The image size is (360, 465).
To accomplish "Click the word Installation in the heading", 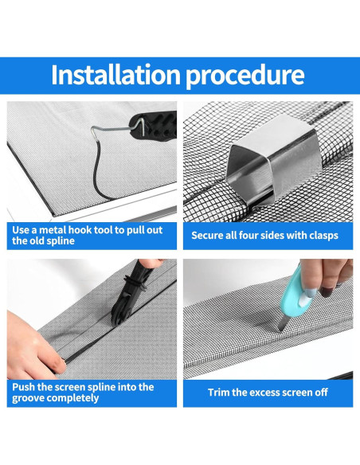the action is (x=116, y=74).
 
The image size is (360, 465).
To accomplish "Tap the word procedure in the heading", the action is (x=245, y=76).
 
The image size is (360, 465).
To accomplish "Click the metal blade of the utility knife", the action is (x=283, y=323).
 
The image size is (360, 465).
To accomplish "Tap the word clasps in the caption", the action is (x=323, y=236).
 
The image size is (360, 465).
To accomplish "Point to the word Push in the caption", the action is (x=23, y=387).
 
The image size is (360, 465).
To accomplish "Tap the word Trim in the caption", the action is (x=218, y=393).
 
